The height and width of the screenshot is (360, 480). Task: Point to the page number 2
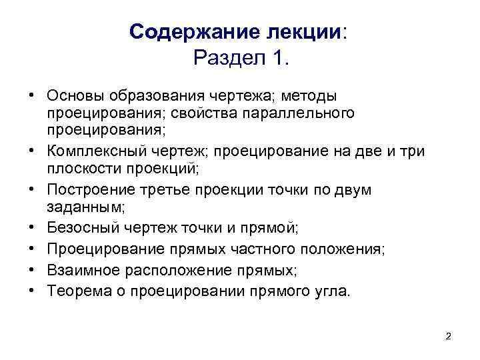[x=448, y=336]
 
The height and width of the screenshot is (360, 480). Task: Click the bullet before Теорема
[x=31, y=291]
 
